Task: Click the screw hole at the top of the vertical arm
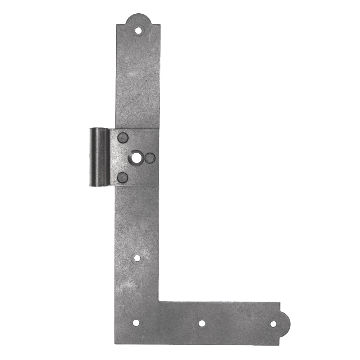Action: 138,31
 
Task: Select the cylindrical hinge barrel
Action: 99,157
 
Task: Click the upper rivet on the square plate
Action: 123,138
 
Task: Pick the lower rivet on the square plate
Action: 123,177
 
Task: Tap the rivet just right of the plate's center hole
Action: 150,158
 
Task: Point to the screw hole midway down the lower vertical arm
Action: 137,258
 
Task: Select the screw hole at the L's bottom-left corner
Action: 136,323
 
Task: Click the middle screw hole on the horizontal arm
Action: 202,323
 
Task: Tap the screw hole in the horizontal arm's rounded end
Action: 273,324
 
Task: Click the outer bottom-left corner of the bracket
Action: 116,344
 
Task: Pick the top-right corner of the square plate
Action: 158,129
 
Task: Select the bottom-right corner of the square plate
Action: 158,186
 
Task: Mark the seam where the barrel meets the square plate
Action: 109,157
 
